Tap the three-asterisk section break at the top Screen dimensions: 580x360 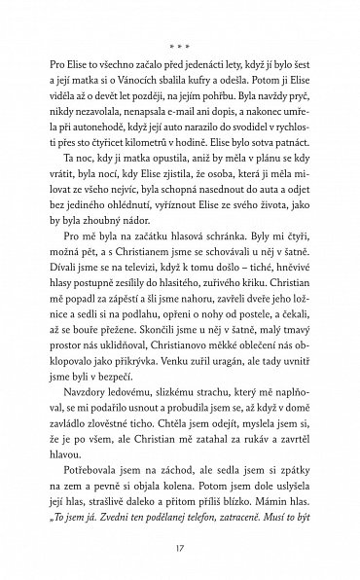tap(180, 44)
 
